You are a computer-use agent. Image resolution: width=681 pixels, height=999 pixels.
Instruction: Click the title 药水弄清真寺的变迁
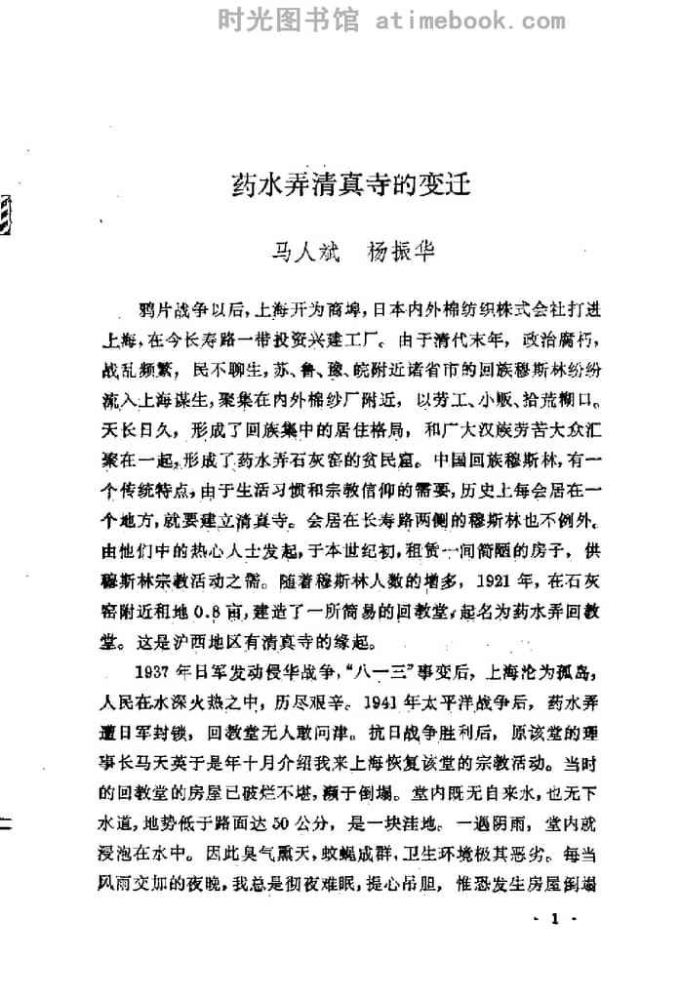pos(349,184)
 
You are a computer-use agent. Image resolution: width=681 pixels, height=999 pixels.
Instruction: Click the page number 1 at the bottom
pos(554,919)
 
